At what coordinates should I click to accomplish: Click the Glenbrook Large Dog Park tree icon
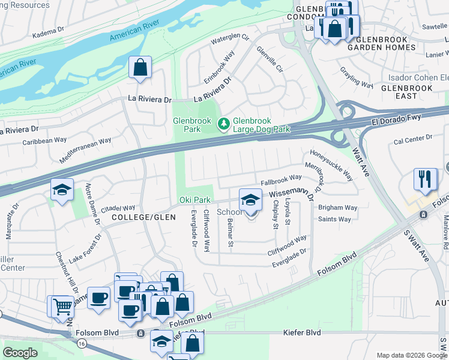(223, 124)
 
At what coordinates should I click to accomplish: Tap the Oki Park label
(194, 200)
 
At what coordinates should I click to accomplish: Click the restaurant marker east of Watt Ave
(425, 180)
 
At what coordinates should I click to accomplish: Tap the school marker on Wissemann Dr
(250, 200)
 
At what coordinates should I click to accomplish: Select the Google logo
(20, 353)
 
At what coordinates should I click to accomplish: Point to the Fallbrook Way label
(281, 178)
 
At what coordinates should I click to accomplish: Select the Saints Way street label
(334, 220)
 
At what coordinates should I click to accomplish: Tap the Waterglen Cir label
(229, 40)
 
